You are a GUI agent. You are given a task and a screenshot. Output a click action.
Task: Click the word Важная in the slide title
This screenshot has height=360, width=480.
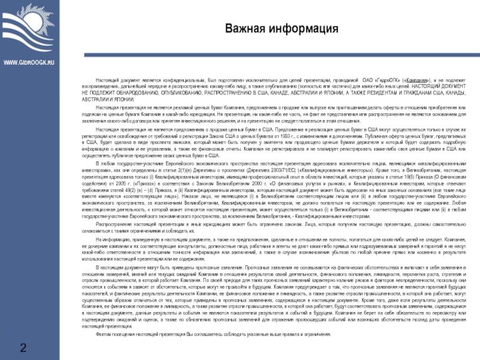[x=244, y=29]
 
